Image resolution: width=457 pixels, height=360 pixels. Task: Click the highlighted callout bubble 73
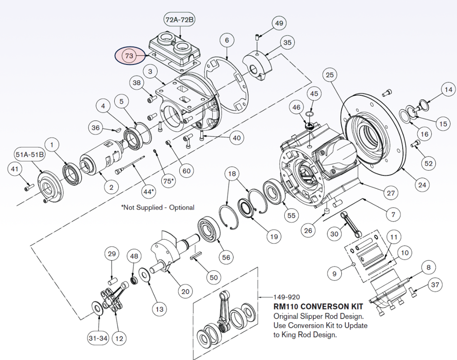pyautogui.click(x=129, y=56)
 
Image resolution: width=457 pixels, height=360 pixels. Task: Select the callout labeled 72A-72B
pyautogui.click(x=180, y=19)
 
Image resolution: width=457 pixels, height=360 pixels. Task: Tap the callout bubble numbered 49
pyautogui.click(x=279, y=23)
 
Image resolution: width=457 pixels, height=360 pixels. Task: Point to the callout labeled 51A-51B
pyautogui.click(x=30, y=154)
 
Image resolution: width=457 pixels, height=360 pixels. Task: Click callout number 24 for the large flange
pyautogui.click(x=422, y=185)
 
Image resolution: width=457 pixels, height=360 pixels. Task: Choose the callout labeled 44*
pyautogui.click(x=148, y=191)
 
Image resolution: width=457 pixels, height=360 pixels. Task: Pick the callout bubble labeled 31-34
pyautogui.click(x=98, y=338)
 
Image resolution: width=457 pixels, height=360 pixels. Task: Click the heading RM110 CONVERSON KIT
pyautogui.click(x=318, y=306)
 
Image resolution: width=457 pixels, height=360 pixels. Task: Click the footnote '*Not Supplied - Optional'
pyautogui.click(x=158, y=208)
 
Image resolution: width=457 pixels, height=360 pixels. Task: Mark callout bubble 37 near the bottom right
pyautogui.click(x=435, y=285)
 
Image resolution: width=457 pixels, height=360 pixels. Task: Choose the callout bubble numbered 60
pyautogui.click(x=186, y=171)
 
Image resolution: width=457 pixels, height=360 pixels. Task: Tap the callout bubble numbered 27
pyautogui.click(x=391, y=193)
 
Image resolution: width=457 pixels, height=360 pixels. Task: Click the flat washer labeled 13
pyautogui.click(x=144, y=276)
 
